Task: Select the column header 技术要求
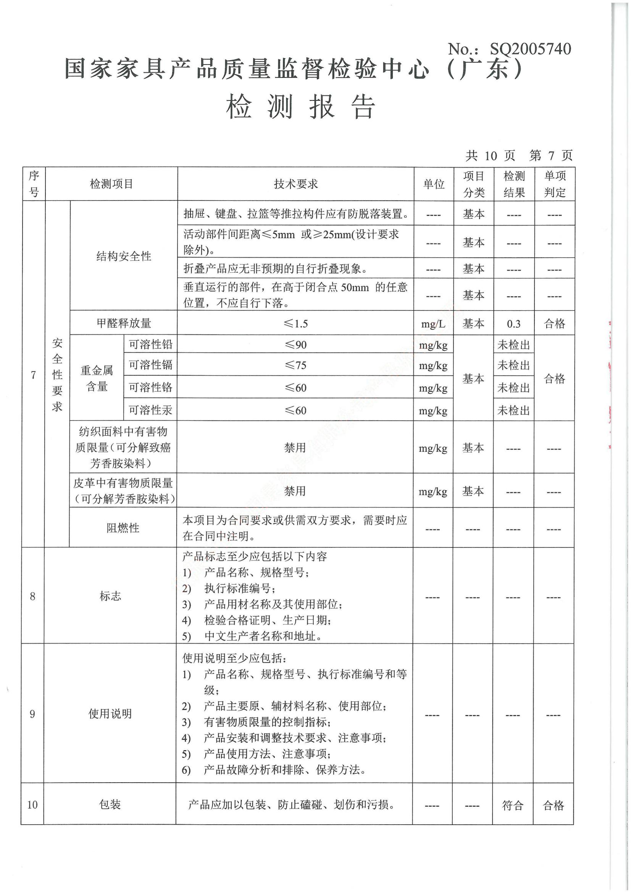point(295,184)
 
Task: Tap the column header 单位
point(434,184)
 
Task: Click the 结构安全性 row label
point(124,256)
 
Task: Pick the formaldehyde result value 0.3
point(513,324)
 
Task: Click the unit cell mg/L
point(433,324)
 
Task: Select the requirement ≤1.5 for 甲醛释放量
point(295,324)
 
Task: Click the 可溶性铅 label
point(150,344)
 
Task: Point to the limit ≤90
point(295,345)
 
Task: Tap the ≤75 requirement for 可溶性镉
point(295,365)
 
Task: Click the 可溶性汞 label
point(150,410)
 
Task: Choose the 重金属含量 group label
point(97,378)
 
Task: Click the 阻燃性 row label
point(123,528)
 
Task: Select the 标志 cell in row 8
point(110,596)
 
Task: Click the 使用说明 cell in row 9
point(110,713)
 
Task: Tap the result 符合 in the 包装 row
point(512,805)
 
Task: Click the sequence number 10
point(32,805)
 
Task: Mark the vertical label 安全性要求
point(57,375)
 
